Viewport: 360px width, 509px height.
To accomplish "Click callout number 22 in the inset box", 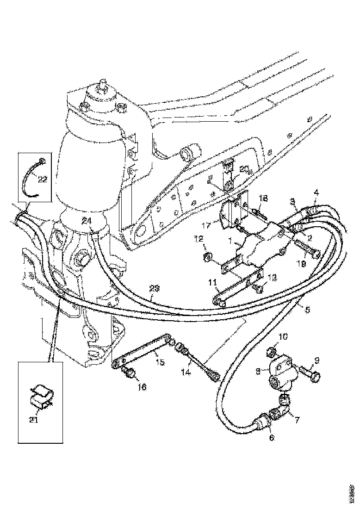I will point(43,180).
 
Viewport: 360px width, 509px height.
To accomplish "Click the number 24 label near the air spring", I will point(86,221).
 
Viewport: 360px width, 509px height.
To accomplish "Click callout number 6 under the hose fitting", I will point(271,437).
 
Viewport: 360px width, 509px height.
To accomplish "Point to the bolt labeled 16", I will point(130,372).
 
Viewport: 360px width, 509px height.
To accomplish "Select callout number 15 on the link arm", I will point(159,362).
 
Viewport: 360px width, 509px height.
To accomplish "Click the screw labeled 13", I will point(258,289).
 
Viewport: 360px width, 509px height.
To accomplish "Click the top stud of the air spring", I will point(100,87).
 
